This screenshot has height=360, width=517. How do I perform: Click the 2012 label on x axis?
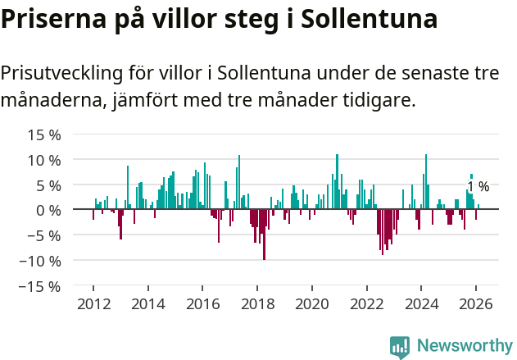coord(93,304)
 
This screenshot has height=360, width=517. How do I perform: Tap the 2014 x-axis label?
coord(148,304)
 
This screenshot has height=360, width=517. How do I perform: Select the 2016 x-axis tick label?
coord(202,304)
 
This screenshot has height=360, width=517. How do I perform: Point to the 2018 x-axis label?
coord(257,304)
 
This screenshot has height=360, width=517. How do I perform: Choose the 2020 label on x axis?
coord(312,304)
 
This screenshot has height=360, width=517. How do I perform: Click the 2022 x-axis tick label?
coord(366,304)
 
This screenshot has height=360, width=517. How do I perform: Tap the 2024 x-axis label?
coord(421,304)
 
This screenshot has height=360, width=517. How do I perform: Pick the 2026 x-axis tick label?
coord(475,304)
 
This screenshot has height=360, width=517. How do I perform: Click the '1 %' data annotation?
coord(478,187)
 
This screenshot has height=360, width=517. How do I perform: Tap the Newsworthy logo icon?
coord(400,347)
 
